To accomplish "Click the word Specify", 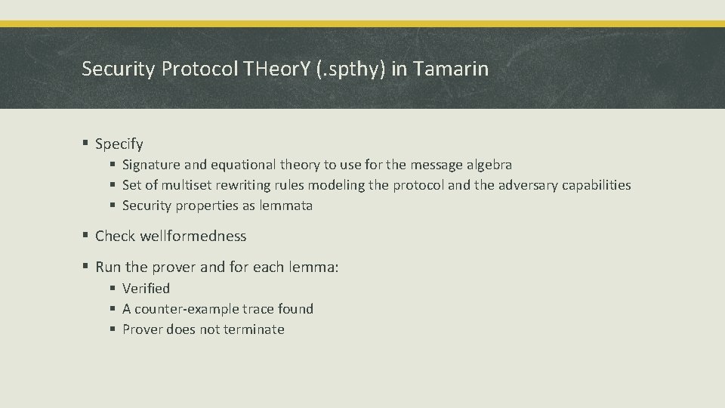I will (119, 144).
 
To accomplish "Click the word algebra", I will (487, 165).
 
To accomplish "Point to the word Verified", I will (146, 289).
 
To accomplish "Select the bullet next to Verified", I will (113, 289).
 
